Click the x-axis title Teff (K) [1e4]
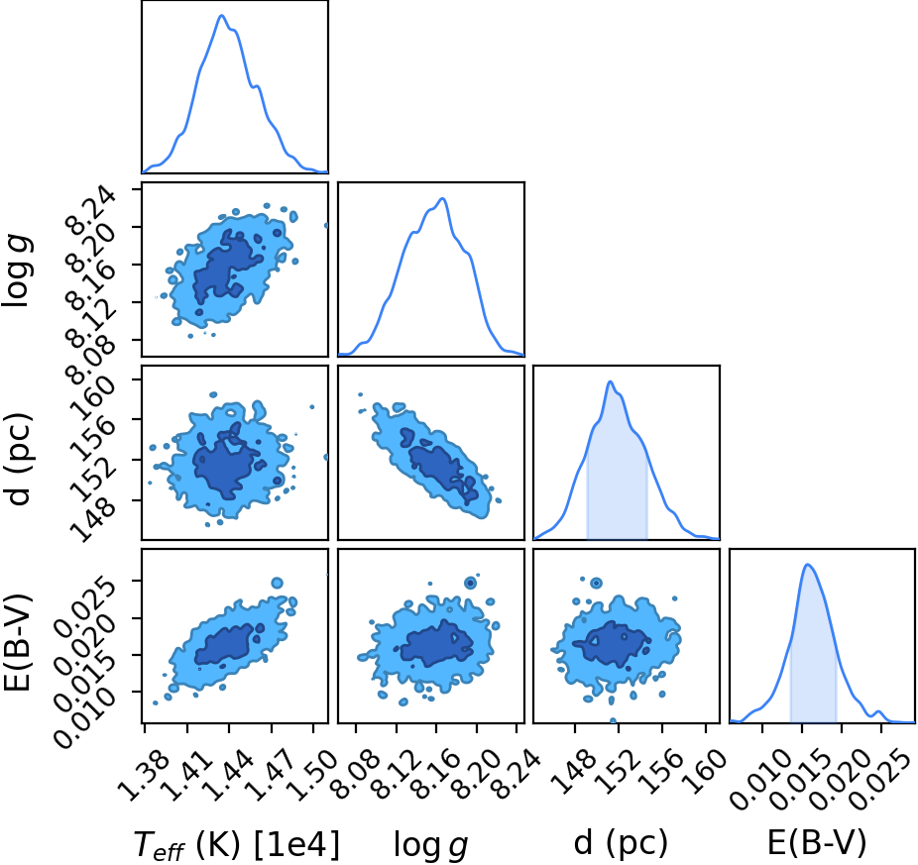pyautogui.click(x=237, y=845)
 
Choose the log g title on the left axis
pyautogui.click(x=18, y=270)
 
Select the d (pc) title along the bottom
pyautogui.click(x=621, y=843)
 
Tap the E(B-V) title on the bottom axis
pyautogui.click(x=817, y=843)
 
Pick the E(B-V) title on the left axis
pyautogui.click(x=18, y=642)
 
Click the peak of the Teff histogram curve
pyautogui.click(x=221, y=15)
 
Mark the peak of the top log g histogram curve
pyautogui.click(x=442, y=198)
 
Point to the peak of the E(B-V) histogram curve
pyautogui.click(x=808, y=564)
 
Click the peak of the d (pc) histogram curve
pyautogui.click(x=610, y=381)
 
